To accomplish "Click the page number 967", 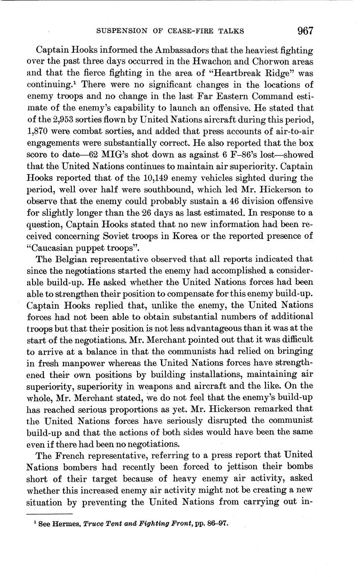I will point(305,31).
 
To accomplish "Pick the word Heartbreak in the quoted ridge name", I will point(231,73).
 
